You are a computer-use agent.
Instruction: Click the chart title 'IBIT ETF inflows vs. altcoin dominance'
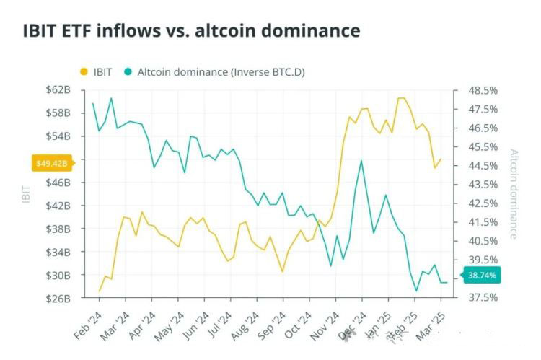coord(192,31)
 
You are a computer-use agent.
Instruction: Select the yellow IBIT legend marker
coord(84,71)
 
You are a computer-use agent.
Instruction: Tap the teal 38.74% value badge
coord(480,275)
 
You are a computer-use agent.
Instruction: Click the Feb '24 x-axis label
coord(87,325)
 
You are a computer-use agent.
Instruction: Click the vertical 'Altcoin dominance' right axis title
coord(514,193)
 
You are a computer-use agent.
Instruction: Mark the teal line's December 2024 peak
coord(361,160)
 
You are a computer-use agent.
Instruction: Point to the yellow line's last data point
coord(441,159)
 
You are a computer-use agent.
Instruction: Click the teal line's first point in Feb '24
coord(93,103)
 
